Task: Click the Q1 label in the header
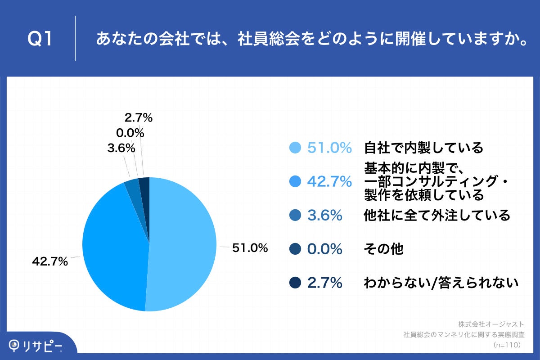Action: [40, 39]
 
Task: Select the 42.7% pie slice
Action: [115, 247]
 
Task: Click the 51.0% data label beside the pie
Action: [250, 247]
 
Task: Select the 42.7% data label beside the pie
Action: [49, 261]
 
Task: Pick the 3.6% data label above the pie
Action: [121, 148]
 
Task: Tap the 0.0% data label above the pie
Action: [130, 133]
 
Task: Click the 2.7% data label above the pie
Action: [139, 118]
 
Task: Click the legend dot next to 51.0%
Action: [295, 148]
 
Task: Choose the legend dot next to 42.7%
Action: [295, 181]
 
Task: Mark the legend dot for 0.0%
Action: [295, 249]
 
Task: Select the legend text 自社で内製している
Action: [423, 148]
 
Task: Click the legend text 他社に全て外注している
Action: [436, 216]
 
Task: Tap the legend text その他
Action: [383, 249]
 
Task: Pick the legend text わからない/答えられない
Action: [441, 283]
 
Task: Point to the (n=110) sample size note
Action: [507, 345]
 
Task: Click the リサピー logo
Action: [36, 346]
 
